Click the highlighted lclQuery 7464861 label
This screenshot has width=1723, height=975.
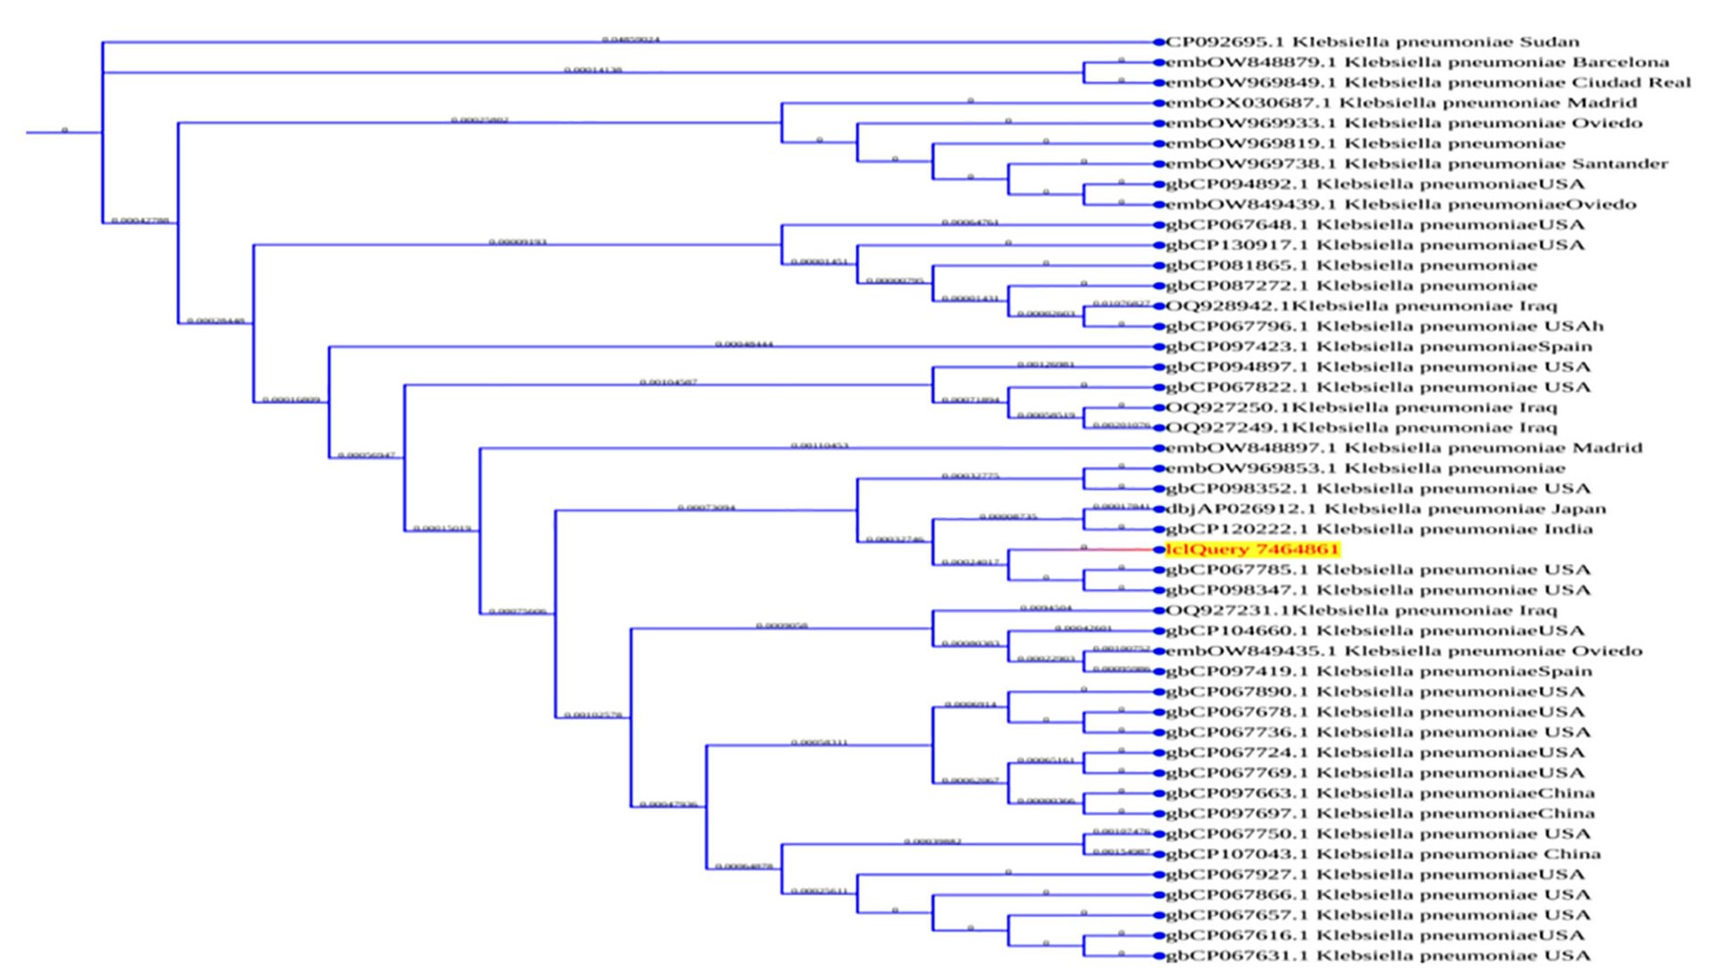(1252, 549)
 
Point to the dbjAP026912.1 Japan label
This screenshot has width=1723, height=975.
(1385, 509)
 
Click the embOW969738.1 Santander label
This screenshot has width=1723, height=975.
(1417, 164)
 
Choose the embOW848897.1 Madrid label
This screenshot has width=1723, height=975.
(1403, 448)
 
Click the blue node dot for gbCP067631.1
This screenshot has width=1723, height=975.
(1159, 956)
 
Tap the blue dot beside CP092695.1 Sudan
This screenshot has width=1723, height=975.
(1159, 42)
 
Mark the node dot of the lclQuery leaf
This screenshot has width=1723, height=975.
(1159, 549)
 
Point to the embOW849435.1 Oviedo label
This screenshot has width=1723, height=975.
(1403, 651)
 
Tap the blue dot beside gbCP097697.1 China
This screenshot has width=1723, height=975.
(1159, 814)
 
